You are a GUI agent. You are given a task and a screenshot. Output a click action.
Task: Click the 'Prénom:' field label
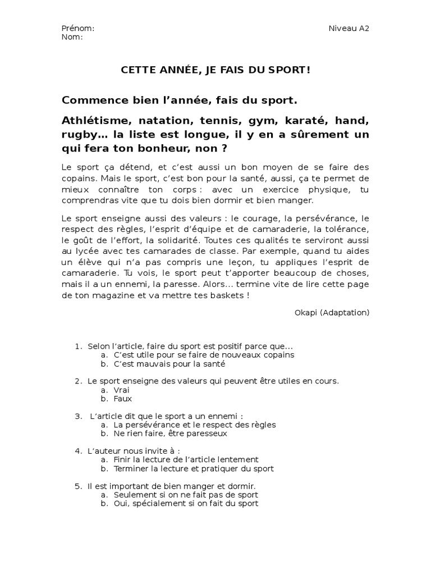[78, 29]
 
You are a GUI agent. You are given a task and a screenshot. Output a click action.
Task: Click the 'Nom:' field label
[72, 37]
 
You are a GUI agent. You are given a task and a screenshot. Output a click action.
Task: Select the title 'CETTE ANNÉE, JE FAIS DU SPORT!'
[215, 70]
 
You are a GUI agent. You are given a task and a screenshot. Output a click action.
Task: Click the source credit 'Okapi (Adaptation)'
[332, 312]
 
